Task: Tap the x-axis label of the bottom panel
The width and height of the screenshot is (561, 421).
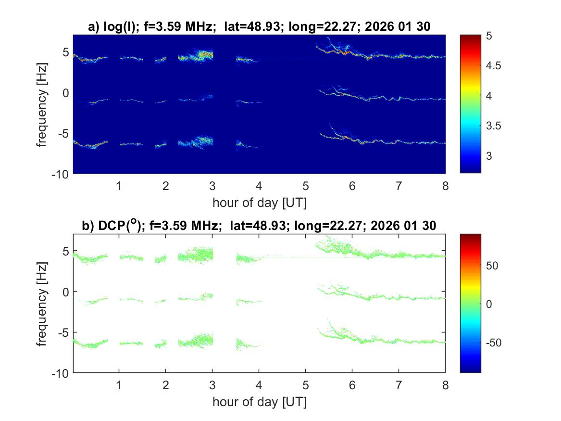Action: point(259,402)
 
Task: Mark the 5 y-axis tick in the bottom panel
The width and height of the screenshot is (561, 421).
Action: point(66,251)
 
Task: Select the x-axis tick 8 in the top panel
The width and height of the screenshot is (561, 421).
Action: point(445,186)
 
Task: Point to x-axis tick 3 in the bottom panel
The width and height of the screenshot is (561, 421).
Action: point(212,385)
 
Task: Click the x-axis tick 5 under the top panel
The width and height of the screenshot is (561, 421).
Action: point(305,186)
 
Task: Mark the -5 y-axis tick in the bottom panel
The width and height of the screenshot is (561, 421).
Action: point(64,332)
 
